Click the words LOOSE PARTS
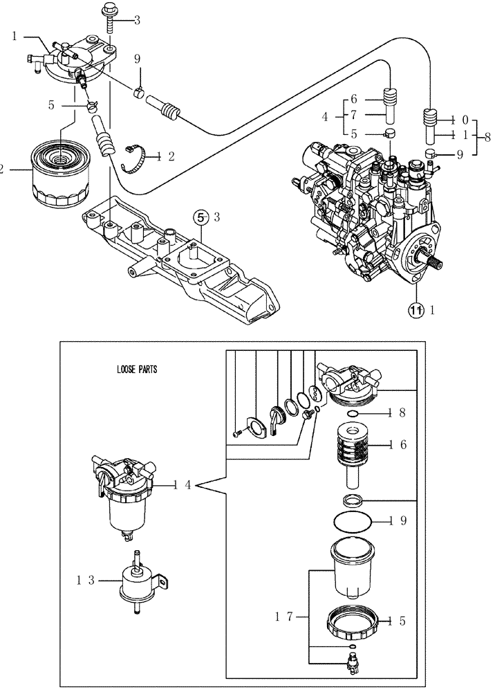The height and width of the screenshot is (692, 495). click(x=137, y=370)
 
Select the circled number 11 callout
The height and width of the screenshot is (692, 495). click(x=415, y=310)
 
